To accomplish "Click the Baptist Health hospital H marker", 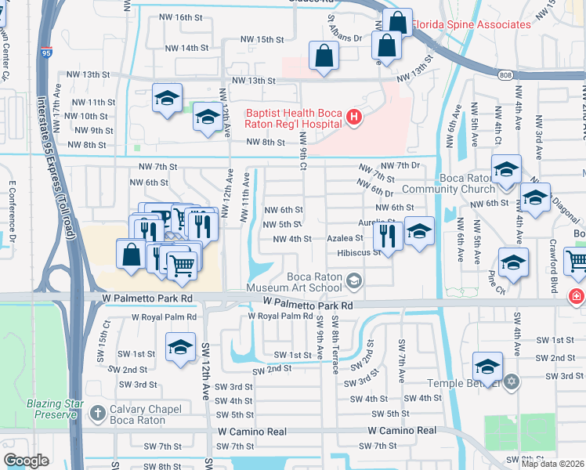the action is coord(354,118).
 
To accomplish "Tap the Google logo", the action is coord(26,461).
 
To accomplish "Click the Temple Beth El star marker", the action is coord(512,382).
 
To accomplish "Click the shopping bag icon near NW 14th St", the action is coord(324,56).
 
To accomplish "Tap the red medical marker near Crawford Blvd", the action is coord(577,296).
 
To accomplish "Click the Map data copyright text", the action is coord(553,464).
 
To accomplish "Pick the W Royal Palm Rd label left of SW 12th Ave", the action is coord(165,317).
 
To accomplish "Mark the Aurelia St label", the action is coord(375,222).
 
